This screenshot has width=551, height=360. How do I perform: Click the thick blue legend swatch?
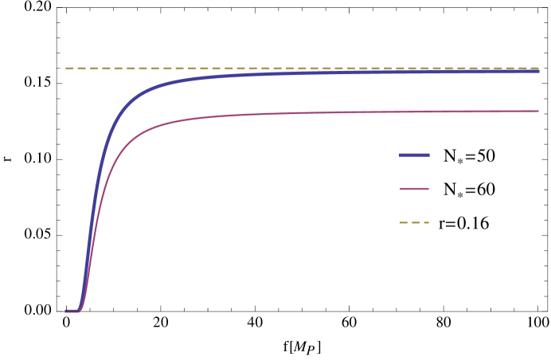coord(414,155)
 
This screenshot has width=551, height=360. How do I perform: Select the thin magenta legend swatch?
coord(414,189)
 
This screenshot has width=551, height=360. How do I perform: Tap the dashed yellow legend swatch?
coord(414,222)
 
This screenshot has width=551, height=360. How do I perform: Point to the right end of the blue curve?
coord(538,72)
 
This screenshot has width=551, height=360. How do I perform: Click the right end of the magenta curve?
coord(538,111)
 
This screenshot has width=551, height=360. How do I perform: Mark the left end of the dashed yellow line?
coord(66,68)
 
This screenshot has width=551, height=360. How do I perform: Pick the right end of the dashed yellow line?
coord(538,68)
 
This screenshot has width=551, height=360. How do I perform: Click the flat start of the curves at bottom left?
coord(72,311)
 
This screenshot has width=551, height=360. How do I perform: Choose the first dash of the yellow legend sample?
coord(403,222)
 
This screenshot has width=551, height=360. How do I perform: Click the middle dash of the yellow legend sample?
coord(415,222)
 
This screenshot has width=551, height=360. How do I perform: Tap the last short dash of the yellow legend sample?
coord(426,222)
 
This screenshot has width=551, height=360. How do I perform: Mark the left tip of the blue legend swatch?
coord(400,155)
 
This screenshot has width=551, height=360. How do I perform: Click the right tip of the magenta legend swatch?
coord(428,189)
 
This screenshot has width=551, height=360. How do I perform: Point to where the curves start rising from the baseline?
coord(81,307)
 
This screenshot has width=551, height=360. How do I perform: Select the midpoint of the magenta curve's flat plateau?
coord(342,112)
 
